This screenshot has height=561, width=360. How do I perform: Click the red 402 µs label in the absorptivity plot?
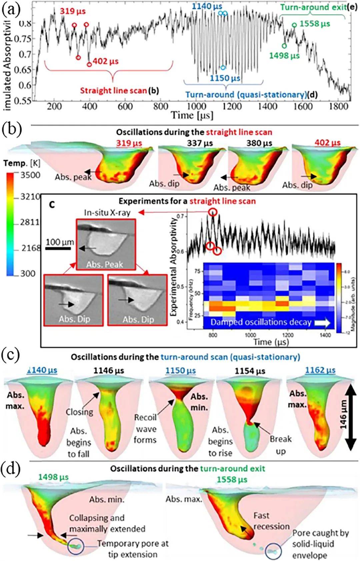(x=106, y=62)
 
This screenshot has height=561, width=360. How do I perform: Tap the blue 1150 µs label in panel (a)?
(x=225, y=79)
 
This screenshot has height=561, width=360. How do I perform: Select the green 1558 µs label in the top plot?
(x=315, y=24)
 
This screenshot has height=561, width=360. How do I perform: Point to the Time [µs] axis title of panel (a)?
(x=192, y=115)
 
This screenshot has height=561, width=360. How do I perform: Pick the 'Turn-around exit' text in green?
(x=313, y=7)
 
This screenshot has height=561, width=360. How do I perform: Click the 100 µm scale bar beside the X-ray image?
(x=59, y=248)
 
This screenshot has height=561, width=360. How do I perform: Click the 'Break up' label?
(x=281, y=445)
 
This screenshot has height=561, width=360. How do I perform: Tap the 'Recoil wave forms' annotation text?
(x=145, y=428)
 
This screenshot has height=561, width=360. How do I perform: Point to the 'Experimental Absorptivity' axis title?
(x=173, y=267)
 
